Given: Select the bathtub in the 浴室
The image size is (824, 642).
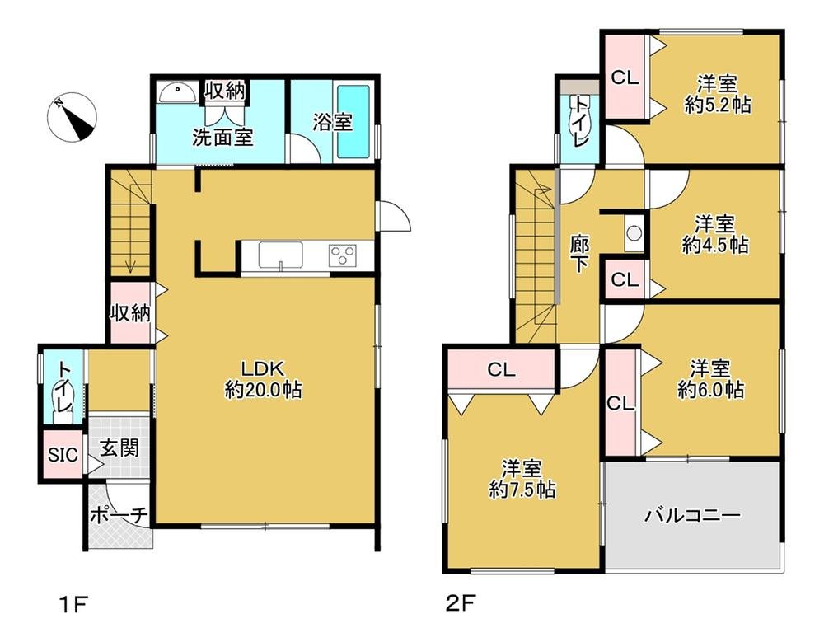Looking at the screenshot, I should [355, 122].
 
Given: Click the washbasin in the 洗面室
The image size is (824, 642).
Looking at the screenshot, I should [176, 93].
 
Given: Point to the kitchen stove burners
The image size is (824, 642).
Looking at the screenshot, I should [342, 255].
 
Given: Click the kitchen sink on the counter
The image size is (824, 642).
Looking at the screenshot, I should [280, 255].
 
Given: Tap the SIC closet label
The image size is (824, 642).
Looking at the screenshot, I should [63, 454].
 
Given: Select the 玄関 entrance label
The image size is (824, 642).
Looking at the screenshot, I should [119, 449].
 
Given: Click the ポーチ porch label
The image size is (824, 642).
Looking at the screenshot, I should [119, 515].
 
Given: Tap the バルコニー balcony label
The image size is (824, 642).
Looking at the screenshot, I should [692, 517].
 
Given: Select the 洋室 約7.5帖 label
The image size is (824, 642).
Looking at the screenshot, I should [521, 479].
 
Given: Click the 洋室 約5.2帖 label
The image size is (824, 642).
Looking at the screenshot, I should [717, 94].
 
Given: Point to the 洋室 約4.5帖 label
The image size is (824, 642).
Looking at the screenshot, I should [714, 234].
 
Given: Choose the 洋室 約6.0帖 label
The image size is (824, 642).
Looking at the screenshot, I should [711, 378].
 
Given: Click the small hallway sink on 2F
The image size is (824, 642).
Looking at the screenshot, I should [634, 233].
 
